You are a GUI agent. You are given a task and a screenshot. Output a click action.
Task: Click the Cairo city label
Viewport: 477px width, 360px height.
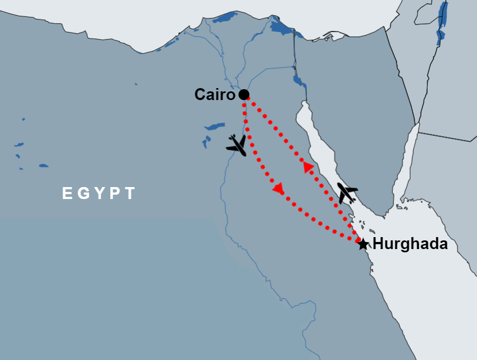pyautogui.click(x=215, y=95)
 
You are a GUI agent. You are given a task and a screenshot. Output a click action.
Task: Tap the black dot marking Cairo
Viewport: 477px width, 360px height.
pyautogui.click(x=244, y=95)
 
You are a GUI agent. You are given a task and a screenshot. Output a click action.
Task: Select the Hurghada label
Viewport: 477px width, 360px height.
pyautogui.click(x=410, y=244)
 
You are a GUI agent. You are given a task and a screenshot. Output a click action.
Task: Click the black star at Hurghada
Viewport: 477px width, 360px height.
pyautogui.click(x=363, y=244)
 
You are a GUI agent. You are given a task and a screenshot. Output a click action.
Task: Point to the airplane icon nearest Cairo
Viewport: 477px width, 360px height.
pyautogui.click(x=236, y=145)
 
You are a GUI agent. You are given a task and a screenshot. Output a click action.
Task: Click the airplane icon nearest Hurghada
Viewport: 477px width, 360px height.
pyautogui.click(x=347, y=193)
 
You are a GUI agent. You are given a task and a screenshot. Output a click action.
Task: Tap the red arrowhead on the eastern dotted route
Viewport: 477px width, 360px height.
pyautogui.click(x=309, y=167)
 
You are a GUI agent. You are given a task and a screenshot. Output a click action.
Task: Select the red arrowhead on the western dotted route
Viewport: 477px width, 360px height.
pyautogui.click(x=278, y=189)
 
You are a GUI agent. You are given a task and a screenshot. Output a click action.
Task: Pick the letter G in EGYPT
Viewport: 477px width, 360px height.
pyautogui.click(x=83, y=194)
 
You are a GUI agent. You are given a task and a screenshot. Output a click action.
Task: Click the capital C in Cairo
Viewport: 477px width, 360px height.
pyautogui.click(x=200, y=95)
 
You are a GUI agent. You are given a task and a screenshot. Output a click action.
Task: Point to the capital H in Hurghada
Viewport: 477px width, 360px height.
pyautogui.click(x=378, y=244)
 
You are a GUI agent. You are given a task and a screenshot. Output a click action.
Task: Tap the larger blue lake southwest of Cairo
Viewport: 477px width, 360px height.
pyautogui.click(x=215, y=127)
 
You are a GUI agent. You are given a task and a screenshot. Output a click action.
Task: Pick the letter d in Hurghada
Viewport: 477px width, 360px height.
pyautogui.click(x=433, y=244)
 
